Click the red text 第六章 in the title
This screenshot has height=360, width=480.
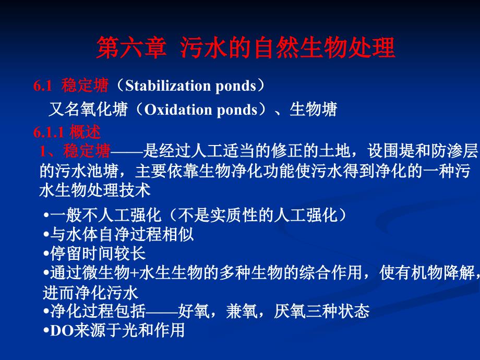tap(131, 47)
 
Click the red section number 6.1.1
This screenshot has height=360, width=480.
tap(49, 133)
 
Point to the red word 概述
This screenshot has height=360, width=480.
tap(85, 132)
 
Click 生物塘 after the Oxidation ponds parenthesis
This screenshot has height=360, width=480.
tap(313, 109)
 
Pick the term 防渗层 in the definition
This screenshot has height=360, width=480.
tap(454, 151)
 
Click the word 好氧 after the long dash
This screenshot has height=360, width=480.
tap(194, 311)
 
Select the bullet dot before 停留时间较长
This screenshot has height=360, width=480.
tap(46, 254)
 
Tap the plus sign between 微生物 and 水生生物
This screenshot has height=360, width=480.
tap(134, 273)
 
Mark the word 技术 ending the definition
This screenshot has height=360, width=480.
tap(135, 190)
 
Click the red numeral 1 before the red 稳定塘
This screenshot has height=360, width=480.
tap(43, 151)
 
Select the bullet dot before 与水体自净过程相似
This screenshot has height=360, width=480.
tap(46, 235)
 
